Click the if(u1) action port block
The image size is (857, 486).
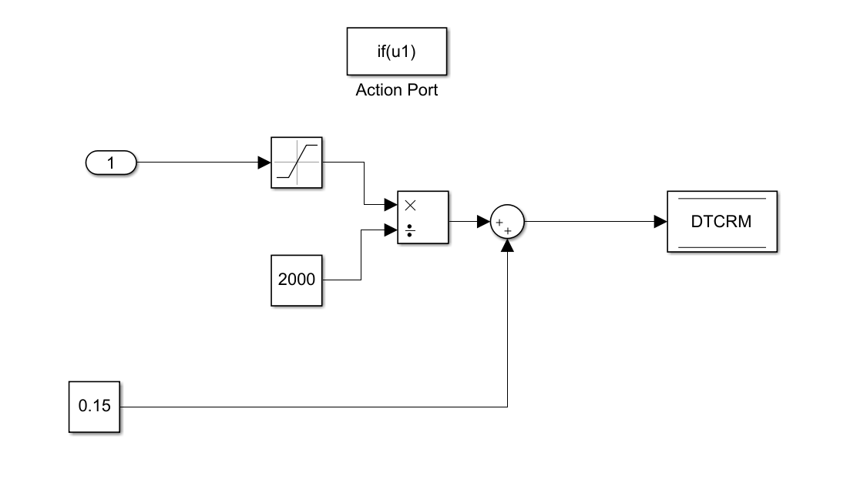pos(396,52)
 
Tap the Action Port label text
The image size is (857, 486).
pos(396,90)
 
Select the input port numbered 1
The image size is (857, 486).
pos(111,163)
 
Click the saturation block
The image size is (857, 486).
pos(297,163)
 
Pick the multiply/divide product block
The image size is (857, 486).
pos(422,217)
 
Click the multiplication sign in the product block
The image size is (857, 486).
pos(410,206)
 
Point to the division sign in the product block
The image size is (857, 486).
pos(410,230)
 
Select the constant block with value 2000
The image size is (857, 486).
pos(297,279)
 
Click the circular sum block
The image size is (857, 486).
pos(507,223)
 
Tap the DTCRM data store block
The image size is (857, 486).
pos(721,222)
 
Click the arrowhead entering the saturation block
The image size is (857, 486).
pos(264,163)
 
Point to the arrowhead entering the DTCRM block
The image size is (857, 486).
pos(660,222)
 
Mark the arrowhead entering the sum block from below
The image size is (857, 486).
pos(507,245)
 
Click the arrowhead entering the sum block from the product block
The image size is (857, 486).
pos(483,222)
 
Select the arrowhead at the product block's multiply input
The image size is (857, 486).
pos(390,206)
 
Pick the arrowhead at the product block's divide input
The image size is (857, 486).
pos(390,230)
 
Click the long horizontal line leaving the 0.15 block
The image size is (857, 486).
pos(308,406)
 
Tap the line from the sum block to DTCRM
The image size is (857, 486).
pos(590,222)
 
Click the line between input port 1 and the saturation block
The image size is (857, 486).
pos(197,163)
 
